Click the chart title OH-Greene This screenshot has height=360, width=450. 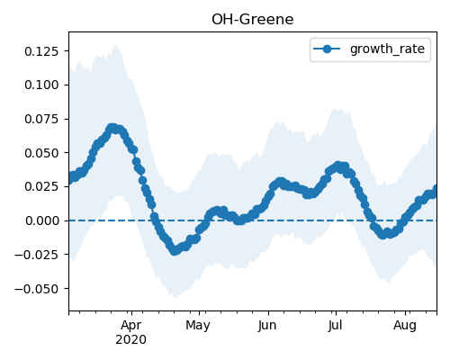[252, 20]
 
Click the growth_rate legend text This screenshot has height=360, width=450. [387, 49]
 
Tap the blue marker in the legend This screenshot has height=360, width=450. [327, 49]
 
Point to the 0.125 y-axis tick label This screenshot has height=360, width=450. [41, 51]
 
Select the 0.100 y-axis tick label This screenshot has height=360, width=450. [41, 85]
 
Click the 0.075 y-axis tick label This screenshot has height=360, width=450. [41, 119]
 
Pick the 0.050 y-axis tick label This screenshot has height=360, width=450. [41, 153]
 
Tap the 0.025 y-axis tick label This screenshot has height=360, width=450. [41, 186]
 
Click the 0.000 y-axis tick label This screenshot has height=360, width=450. [41, 220]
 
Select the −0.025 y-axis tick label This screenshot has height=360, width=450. [37, 255]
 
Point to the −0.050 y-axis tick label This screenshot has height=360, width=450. [37, 289]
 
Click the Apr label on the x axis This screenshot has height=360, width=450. [131, 326]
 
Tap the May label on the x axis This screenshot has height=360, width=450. [198, 326]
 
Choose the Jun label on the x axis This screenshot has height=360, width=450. [267, 326]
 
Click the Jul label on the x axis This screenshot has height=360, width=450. [335, 326]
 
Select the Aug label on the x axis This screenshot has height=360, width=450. [405, 326]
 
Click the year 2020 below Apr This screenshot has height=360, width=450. [131, 340]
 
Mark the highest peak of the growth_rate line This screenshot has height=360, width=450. [112, 128]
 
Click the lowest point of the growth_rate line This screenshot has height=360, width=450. [175, 250]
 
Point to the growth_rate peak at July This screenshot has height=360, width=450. [338, 166]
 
